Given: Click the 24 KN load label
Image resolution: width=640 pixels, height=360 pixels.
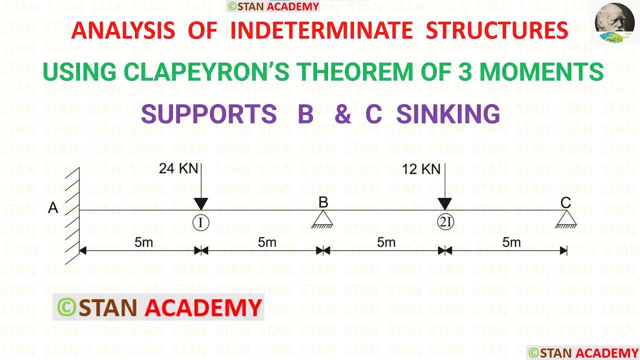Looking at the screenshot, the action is pos(178,168).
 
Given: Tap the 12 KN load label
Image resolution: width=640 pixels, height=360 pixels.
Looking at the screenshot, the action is pos(421,169).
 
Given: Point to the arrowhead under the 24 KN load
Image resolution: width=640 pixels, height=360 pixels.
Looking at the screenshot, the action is pos(201,204).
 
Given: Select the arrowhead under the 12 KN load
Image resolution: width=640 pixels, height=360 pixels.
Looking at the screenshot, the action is pos(445,204).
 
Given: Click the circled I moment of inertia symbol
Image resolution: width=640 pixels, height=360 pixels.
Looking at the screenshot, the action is pos(201,222).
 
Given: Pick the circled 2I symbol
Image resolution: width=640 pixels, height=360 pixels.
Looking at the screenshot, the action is pos(445,221).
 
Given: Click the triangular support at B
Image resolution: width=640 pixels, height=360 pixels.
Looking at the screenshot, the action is pos(322,219).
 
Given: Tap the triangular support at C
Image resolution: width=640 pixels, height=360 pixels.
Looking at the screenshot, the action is pos(566,219).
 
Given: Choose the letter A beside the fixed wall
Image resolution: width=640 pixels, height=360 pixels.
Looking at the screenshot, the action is pos(53,207).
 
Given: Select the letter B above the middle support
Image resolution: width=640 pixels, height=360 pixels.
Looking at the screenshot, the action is pos(323,202).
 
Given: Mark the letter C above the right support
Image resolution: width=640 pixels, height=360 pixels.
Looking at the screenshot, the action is pos(565,203).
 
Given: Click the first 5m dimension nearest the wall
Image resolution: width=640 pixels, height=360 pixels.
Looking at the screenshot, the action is pos(143,242).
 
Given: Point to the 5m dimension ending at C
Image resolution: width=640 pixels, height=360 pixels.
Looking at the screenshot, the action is pos(511,242).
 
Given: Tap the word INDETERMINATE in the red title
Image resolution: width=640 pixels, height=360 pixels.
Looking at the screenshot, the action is pos(321,30).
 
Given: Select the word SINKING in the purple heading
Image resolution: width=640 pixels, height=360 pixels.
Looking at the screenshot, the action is pos(448,113).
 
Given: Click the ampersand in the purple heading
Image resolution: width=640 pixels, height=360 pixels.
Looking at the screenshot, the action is pos(342,113).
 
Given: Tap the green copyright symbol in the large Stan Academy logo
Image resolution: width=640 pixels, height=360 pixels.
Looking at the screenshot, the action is pos(66,307).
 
